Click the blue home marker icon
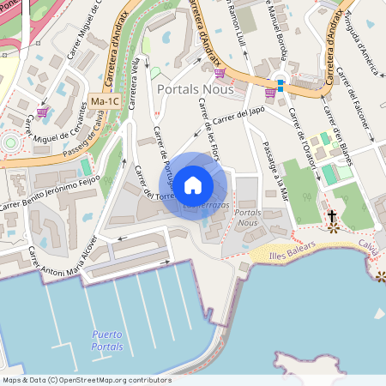click(193, 184)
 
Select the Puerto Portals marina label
click(107, 341)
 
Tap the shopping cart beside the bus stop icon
click(270, 92)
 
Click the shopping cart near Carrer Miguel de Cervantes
click(42, 112)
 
